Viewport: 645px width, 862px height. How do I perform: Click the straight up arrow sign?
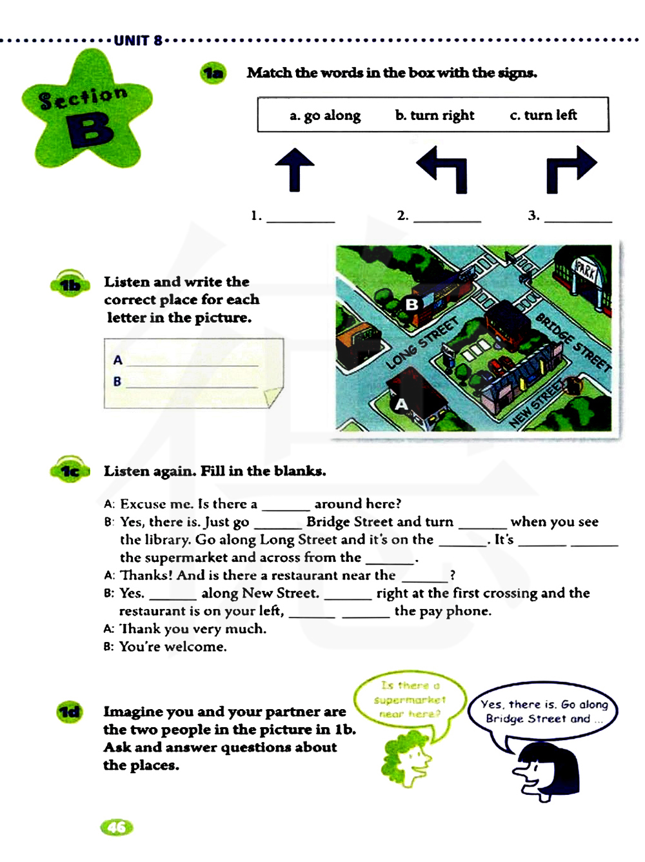[295, 170]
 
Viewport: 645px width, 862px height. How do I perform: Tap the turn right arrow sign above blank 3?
[571, 169]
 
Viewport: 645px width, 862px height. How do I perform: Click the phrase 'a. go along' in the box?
[325, 115]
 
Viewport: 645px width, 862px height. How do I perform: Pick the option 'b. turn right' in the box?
[435, 115]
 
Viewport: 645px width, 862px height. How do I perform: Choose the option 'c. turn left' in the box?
[543, 115]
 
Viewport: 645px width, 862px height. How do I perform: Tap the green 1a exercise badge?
[213, 74]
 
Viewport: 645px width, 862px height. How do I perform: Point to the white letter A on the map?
[401, 405]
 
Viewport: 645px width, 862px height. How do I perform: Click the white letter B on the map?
[412, 304]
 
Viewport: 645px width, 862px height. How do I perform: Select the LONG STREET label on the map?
[422, 343]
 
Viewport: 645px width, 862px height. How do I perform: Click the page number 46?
[117, 827]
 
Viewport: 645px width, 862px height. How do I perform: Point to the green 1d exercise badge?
[69, 712]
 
